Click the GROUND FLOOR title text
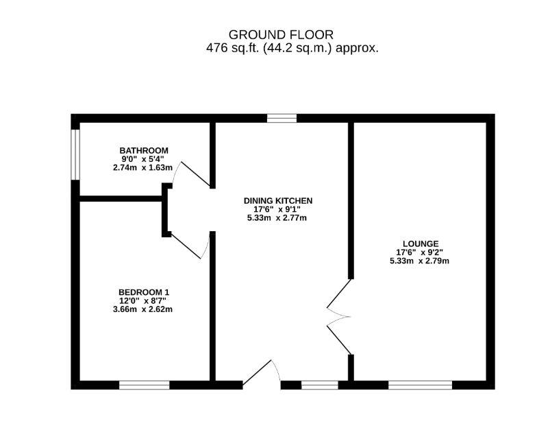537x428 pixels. click(281, 34)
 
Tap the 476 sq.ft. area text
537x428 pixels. click(292, 49)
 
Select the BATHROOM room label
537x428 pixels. click(143, 150)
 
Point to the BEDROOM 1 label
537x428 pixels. click(143, 292)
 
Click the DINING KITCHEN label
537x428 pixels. click(278, 201)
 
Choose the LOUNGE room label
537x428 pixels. click(421, 243)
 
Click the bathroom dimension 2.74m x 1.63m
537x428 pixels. click(143, 167)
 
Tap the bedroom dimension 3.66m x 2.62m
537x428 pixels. click(143, 309)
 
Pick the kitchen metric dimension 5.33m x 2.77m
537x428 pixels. click(278, 218)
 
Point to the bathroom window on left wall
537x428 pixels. click(76, 154)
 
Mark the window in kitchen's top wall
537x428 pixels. click(282, 118)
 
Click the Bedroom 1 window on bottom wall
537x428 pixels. click(144, 385)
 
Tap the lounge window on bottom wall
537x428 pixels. click(420, 385)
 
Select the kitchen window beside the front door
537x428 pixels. click(320, 385)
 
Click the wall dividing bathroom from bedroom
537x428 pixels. click(120, 199)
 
